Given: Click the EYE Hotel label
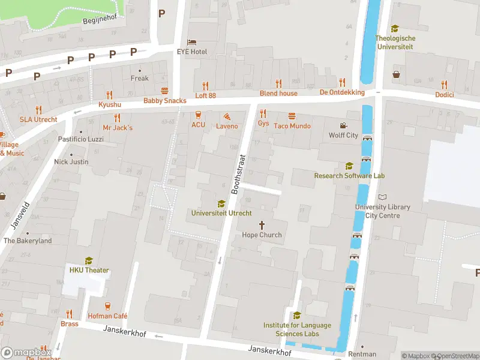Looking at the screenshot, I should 192,52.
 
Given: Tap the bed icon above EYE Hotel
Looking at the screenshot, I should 191,42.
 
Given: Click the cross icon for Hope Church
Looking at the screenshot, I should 262,224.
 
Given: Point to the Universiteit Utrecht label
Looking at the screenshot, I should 221,213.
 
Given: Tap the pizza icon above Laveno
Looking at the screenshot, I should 227,116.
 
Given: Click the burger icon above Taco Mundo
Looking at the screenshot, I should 292,116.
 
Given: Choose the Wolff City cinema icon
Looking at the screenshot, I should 343,125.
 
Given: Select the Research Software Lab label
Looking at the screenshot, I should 349,176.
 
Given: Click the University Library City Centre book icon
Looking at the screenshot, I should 383,197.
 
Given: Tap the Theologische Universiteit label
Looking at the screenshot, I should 395,42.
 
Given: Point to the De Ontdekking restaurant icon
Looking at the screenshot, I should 342,82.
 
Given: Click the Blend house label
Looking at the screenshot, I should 278,93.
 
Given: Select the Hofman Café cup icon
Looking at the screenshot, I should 108,306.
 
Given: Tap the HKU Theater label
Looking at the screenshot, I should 89,270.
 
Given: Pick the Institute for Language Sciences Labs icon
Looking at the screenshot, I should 297,315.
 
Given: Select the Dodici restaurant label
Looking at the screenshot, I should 444,95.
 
